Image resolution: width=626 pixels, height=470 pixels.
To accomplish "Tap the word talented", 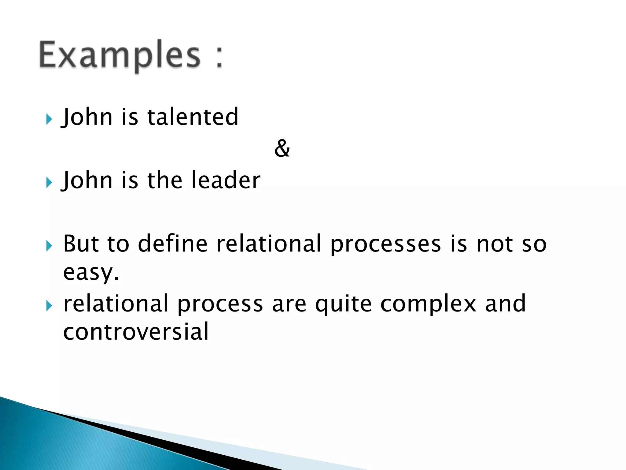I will click(x=193, y=117).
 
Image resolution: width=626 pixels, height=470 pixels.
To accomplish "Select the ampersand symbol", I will click(x=282, y=148).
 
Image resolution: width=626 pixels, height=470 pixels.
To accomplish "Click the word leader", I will click(x=226, y=180).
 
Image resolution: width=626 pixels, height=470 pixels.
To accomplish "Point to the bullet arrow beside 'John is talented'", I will click(x=49, y=119).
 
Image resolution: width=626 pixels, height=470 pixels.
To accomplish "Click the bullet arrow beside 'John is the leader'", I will click(x=49, y=182).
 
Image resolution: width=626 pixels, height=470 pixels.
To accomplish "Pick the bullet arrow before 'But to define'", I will click(x=49, y=246).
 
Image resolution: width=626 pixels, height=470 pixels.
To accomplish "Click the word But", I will click(x=81, y=244).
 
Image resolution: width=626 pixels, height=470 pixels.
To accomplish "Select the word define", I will click(x=173, y=244).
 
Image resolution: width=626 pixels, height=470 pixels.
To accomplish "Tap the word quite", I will click(x=343, y=304).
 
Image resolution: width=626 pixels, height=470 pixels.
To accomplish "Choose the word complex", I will click(x=428, y=304).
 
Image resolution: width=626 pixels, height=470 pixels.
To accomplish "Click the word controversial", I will click(x=136, y=332).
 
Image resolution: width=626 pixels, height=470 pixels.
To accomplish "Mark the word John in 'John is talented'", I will click(x=87, y=117).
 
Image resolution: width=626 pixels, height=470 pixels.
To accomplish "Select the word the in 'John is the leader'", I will click(x=165, y=180).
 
